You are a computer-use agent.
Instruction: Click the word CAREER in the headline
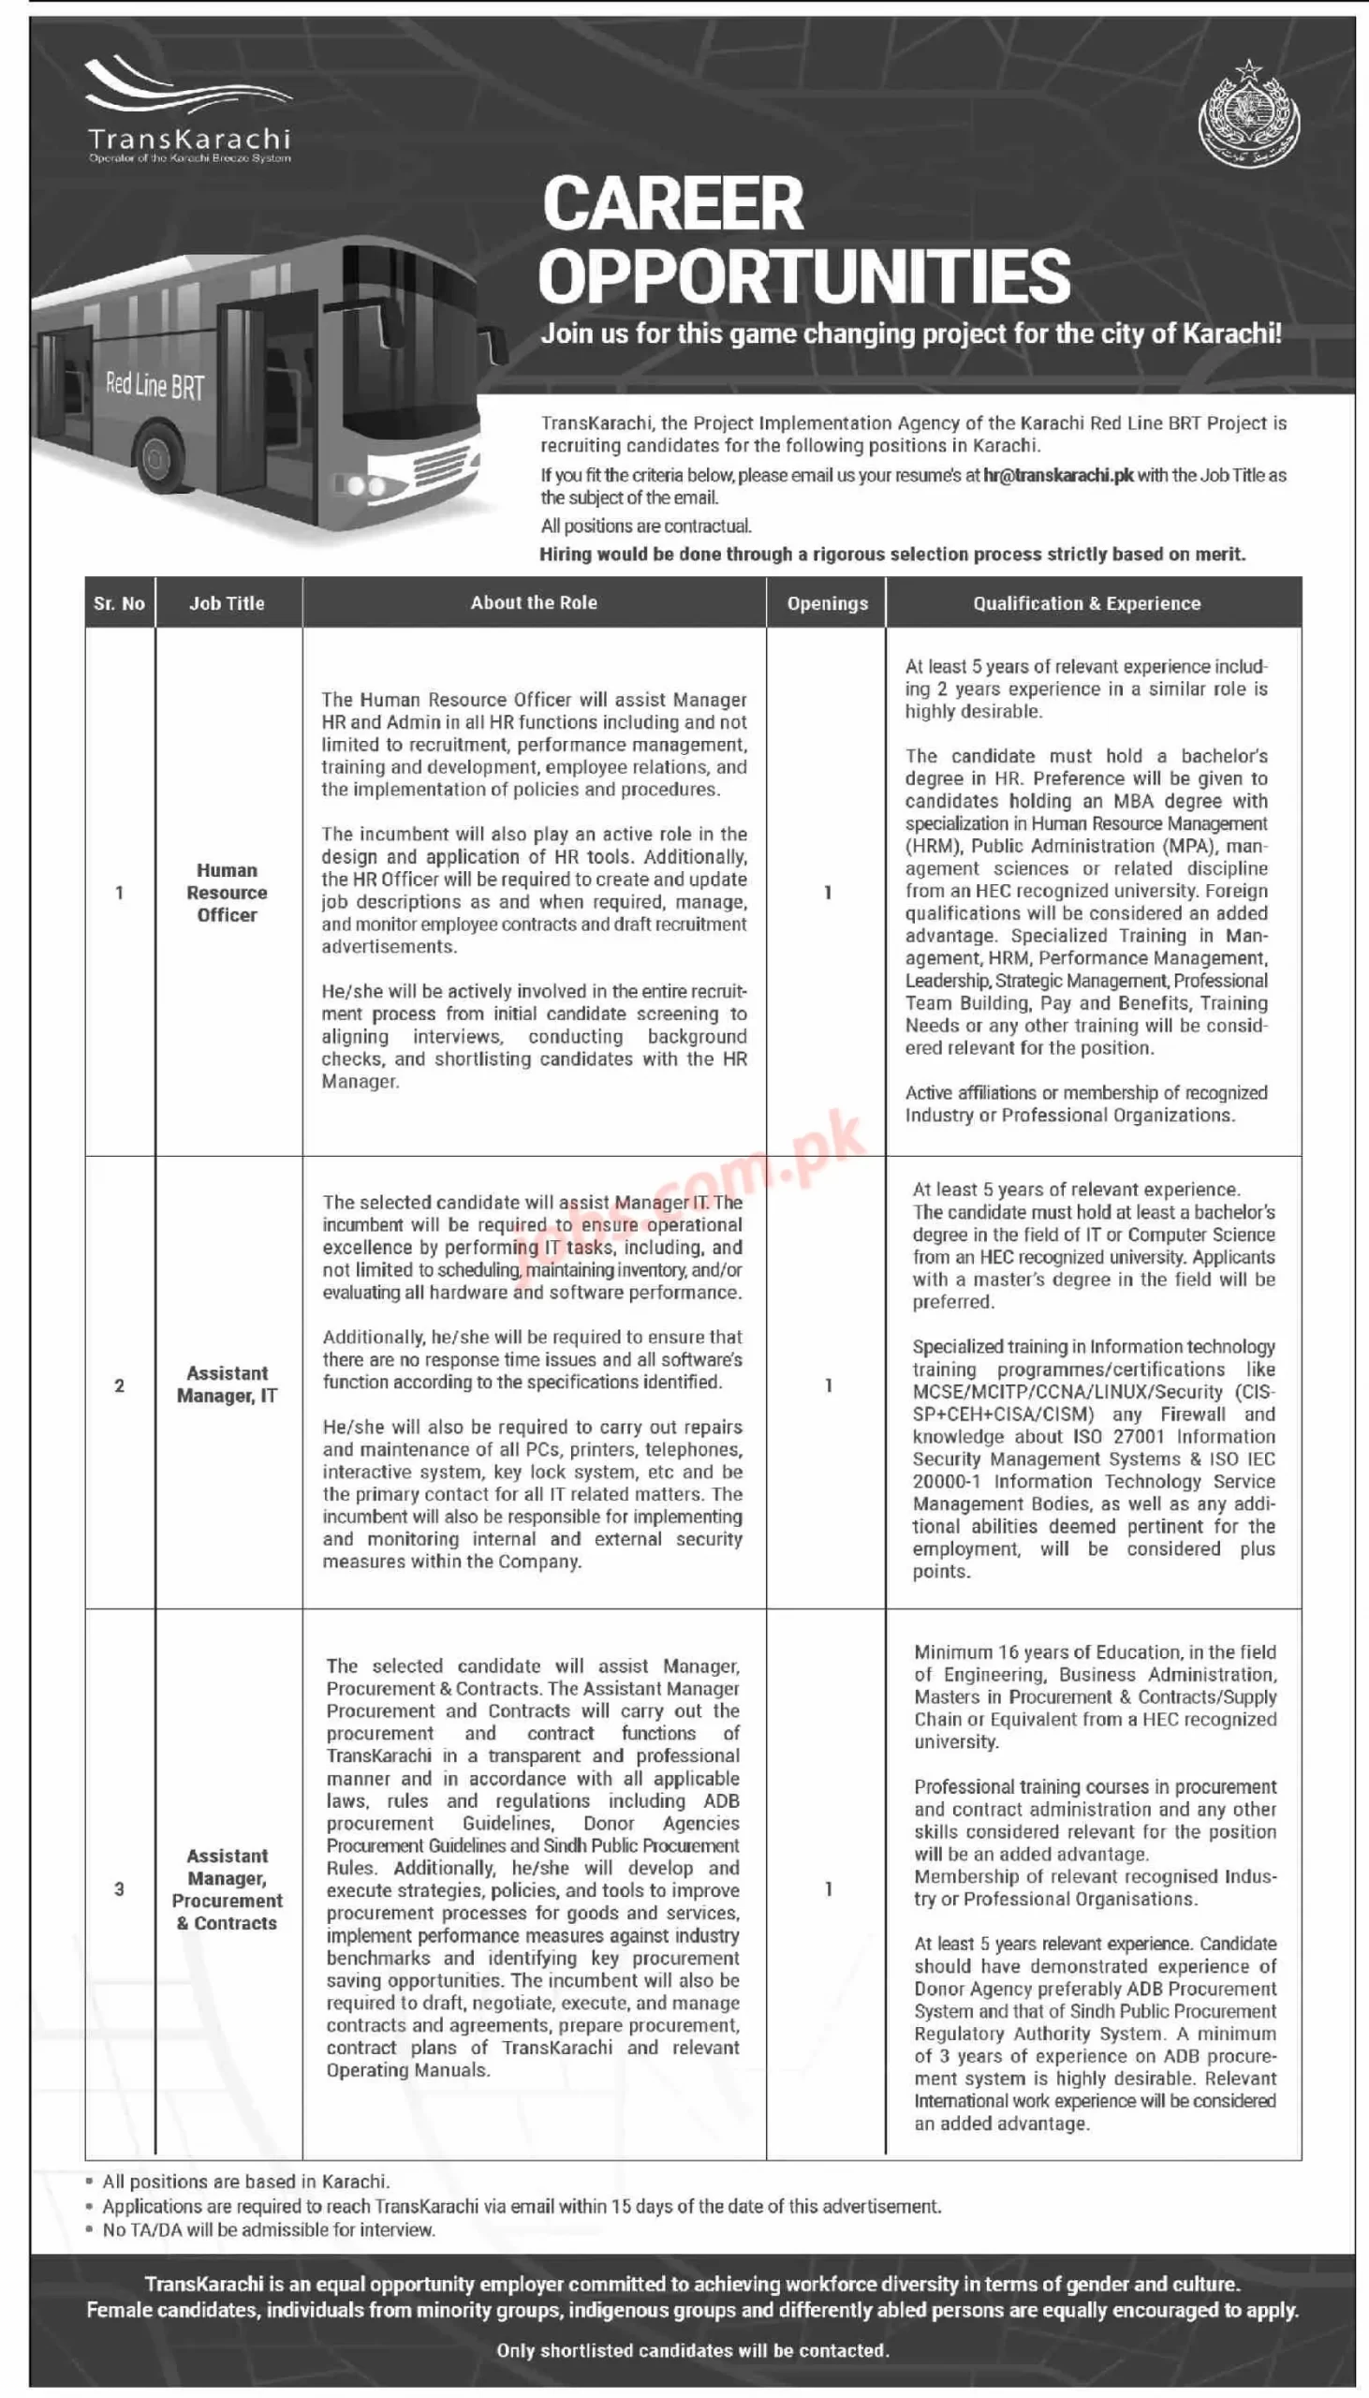[x=673, y=203]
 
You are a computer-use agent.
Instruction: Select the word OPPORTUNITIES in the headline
[x=805, y=276]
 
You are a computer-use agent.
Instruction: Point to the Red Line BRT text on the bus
[x=155, y=385]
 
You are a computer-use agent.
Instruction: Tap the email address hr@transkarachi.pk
[x=1058, y=476]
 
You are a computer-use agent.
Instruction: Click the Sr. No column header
[x=120, y=604]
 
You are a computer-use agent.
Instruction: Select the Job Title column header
[x=227, y=604]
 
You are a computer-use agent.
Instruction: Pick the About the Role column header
[x=534, y=603]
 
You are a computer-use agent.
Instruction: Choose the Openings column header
[x=828, y=604]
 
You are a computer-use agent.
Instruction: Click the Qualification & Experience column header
[x=1087, y=604]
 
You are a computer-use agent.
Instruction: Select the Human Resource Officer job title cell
[x=227, y=893]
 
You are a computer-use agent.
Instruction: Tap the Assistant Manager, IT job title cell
[x=228, y=1384]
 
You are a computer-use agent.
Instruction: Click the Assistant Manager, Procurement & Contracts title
[x=228, y=1889]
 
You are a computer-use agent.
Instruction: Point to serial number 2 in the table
[x=120, y=1385]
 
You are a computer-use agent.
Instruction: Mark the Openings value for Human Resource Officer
[x=828, y=893]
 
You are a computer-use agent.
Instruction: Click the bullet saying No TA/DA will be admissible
[x=269, y=2229]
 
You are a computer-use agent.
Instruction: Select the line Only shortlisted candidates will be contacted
[x=693, y=2350]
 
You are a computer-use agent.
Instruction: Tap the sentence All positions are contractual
[x=646, y=525]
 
